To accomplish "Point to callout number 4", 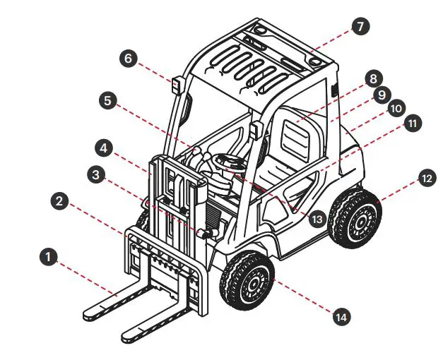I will coord(103,149).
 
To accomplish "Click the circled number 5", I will coord(107,100).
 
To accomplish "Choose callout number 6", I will coord(128,58).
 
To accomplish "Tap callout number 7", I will coord(360,27).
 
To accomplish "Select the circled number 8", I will coord(373,78).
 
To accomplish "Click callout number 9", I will coord(381,93).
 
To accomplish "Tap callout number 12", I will coord(425,179).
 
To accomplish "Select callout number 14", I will coord(341,317).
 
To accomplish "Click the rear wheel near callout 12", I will coord(358,217).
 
